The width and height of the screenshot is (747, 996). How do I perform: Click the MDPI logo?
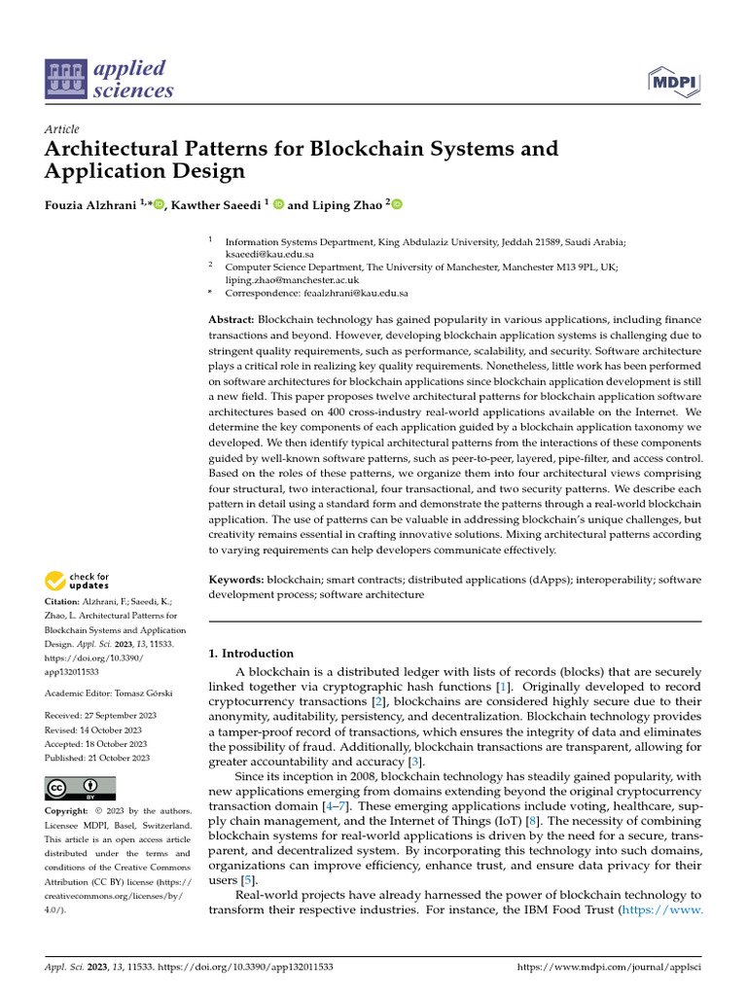point(674,80)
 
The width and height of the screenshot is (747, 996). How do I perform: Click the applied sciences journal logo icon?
point(67,80)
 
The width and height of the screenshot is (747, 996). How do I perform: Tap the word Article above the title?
point(62,129)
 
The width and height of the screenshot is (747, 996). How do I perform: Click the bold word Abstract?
point(232,320)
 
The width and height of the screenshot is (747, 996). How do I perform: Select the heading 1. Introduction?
point(252,654)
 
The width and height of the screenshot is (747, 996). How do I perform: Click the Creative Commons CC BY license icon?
point(80,788)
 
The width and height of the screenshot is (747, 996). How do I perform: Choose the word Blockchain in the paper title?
point(376,149)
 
